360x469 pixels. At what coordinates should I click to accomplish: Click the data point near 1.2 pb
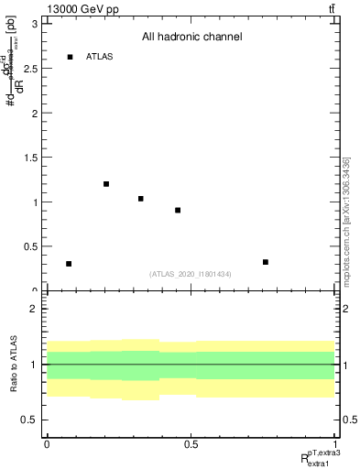point(106,184)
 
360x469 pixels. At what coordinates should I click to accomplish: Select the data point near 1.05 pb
point(141,199)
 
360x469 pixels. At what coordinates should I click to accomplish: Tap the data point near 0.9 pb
point(178,211)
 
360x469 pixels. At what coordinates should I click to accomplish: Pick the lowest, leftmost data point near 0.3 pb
point(69,264)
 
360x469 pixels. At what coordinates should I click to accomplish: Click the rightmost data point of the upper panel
point(266,262)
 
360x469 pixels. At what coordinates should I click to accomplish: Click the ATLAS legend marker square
point(70,57)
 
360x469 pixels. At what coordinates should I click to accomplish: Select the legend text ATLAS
point(99,57)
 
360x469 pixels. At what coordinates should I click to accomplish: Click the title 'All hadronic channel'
point(191,38)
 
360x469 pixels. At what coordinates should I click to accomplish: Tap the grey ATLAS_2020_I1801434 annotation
point(191,274)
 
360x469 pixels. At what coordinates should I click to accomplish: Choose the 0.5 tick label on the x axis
point(191,444)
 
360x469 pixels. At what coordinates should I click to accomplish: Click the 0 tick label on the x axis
point(47,444)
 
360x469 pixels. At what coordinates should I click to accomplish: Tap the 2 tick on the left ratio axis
point(36,309)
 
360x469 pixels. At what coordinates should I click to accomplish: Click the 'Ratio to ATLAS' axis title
point(12,365)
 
